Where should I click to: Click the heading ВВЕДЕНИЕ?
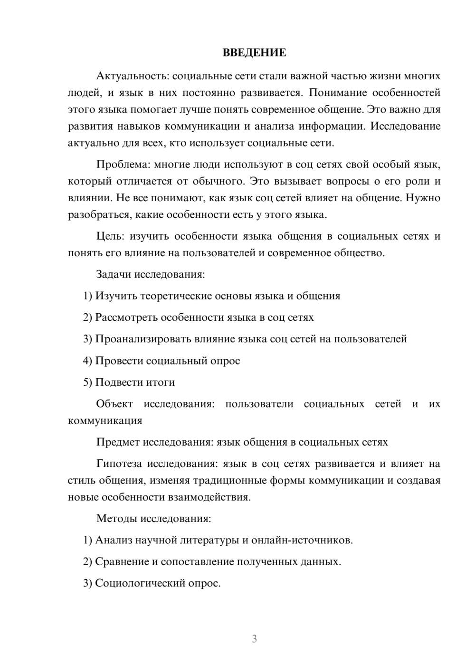tap(254, 53)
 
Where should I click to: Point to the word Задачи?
tap(114, 274)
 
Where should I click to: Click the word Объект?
tap(114, 404)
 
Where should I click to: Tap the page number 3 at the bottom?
tap(254, 639)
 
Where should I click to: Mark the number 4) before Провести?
tap(87, 361)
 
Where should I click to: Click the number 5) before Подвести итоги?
tap(87, 382)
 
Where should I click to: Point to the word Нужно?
tap(424, 198)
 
